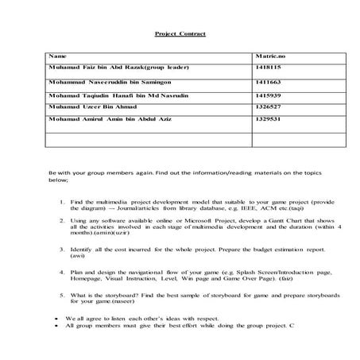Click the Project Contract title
pos(180,35)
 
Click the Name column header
pos(56,57)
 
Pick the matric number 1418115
pos(267,69)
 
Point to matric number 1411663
pos(267,82)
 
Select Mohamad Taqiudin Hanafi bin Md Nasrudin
pos(114,94)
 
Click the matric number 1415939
pos(267,94)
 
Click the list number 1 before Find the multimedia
pos(62,202)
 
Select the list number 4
pos(62,272)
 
